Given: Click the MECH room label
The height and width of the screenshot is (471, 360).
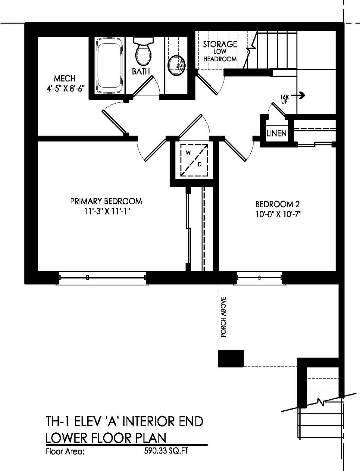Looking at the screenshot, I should coord(65,78).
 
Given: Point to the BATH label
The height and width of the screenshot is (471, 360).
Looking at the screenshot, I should coord(141,72).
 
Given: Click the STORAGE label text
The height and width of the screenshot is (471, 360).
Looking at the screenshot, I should coord(220,44).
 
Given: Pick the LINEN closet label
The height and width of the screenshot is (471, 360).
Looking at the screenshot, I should coord(276,133).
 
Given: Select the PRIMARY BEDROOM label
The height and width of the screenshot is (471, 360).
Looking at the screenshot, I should coord(106,201).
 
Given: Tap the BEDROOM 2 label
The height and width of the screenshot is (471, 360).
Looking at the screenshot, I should coord(277,204).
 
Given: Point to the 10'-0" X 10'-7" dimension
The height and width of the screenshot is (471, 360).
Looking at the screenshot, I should coord(279,214).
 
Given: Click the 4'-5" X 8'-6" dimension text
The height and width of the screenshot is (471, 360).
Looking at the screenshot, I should coord(66,89).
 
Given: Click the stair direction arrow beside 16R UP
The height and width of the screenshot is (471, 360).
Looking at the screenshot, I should coord(301,95).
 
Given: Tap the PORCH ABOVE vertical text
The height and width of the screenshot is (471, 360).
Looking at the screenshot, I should coord(223,317).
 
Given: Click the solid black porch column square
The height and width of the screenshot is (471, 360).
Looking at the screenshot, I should coord(231,358).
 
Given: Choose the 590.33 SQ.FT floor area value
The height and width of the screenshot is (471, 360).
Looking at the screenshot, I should coord(166,451).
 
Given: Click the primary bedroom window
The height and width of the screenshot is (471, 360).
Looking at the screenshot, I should coord(102,277).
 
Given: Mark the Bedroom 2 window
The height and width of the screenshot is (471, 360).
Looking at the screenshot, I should coord(259,277).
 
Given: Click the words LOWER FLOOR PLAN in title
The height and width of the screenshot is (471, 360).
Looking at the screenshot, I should coord(106,438).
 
